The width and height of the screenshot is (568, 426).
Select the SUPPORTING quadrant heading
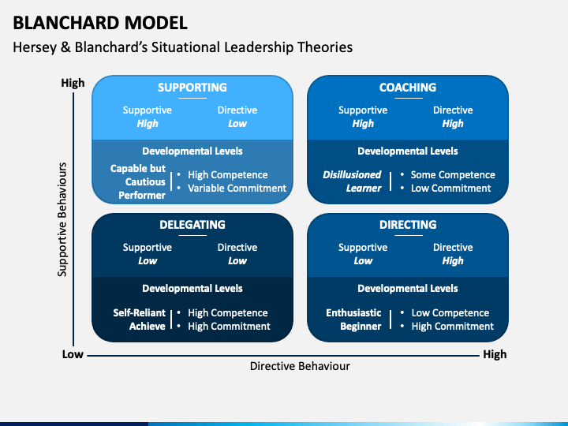(x=192, y=88)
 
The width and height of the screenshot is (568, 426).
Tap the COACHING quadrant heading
(x=407, y=88)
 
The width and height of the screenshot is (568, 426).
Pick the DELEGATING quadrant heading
(x=192, y=225)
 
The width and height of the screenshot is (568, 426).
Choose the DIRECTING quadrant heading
(x=407, y=225)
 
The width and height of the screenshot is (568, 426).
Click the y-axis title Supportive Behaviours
(x=63, y=219)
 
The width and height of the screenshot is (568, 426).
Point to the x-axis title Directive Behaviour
(x=300, y=366)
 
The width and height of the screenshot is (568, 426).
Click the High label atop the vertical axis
(x=73, y=83)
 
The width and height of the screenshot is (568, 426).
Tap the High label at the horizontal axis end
(x=495, y=354)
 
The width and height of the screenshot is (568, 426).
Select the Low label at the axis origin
(x=73, y=354)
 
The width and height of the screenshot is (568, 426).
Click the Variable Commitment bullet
(x=237, y=189)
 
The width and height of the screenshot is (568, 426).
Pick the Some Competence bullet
(x=453, y=175)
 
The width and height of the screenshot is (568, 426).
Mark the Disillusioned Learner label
(x=352, y=181)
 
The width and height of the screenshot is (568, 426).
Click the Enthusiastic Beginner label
(x=353, y=319)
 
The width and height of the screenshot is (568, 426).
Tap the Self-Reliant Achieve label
(x=140, y=319)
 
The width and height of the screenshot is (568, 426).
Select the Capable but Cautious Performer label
(x=138, y=181)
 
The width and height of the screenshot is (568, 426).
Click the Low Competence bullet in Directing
(x=450, y=313)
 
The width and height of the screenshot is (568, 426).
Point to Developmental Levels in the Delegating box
(x=192, y=289)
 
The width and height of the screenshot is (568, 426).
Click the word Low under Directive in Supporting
(x=237, y=124)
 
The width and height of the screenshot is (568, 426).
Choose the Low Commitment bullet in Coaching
(x=450, y=189)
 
